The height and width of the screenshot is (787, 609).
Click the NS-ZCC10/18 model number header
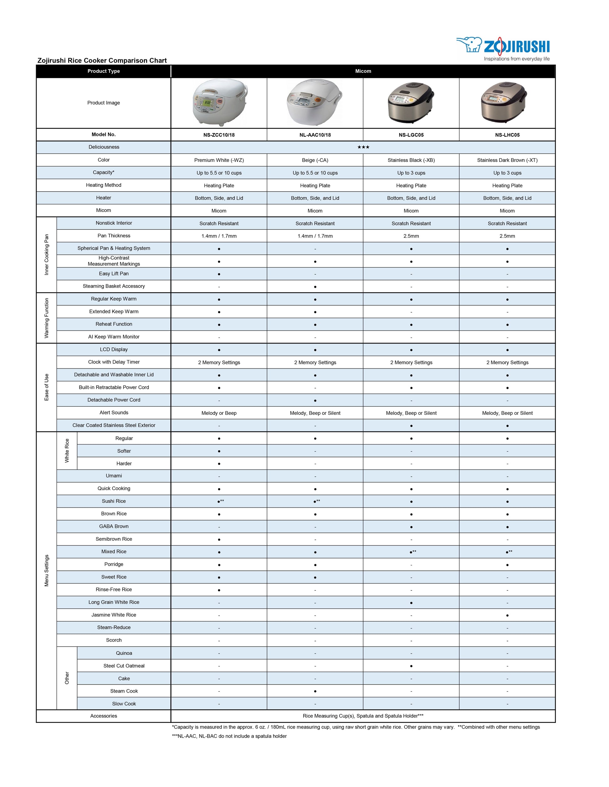219,135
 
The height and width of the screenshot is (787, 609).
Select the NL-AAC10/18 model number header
315,135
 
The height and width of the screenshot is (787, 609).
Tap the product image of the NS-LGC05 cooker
411,103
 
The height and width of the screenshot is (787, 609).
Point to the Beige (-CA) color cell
315,160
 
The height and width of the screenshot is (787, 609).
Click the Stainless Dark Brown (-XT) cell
507,160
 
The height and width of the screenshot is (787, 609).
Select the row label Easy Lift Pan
114,274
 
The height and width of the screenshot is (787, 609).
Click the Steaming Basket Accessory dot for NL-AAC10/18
315,287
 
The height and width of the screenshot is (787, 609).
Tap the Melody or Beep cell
219,413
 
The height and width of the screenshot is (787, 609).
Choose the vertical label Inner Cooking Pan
47,255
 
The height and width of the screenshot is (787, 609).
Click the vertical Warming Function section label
47,318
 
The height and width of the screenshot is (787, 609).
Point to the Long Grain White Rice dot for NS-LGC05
411,603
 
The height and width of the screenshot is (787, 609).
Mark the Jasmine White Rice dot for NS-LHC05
507,615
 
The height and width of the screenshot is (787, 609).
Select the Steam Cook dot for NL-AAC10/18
315,691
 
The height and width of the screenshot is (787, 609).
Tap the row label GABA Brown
114,526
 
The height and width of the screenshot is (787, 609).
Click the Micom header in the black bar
363,71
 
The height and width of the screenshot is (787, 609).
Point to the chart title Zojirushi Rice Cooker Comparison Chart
102,61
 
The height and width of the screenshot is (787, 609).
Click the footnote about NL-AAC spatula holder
229,736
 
